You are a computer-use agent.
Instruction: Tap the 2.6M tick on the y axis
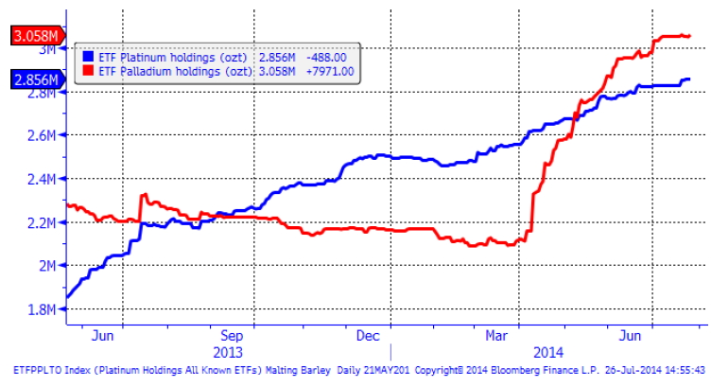[40, 135]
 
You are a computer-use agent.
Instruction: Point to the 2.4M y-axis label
[40, 179]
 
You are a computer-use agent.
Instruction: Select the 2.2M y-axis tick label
[40, 222]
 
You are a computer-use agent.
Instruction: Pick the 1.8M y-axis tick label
[40, 309]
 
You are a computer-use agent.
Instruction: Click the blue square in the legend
[88, 55]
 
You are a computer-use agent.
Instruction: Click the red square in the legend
[88, 70]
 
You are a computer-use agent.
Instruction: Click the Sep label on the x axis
[233, 334]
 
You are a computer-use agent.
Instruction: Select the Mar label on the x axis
[498, 334]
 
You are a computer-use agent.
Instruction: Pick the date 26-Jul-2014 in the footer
[625, 370]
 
